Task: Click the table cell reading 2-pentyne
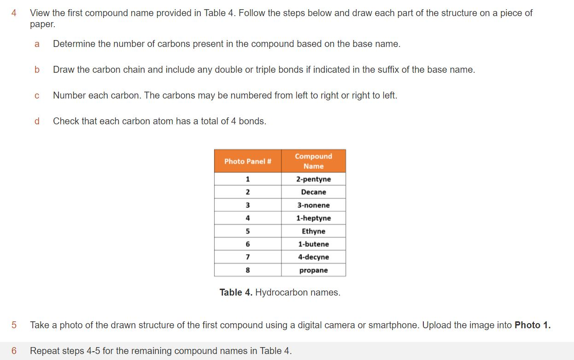pos(313,179)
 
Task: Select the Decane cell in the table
pos(313,192)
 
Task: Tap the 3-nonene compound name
pos(313,205)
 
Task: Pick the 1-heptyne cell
pos(313,218)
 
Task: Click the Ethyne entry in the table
pos(313,231)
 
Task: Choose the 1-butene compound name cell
pos(313,244)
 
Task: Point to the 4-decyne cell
pos(313,257)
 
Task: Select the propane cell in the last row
pos(313,270)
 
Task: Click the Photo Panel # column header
pos(247,161)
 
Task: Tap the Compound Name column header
pos(313,161)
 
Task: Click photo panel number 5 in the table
pos(247,231)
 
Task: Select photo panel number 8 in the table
pos(247,270)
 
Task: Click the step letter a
pos(37,44)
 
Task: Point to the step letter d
pos(37,121)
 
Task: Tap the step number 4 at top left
pos(14,13)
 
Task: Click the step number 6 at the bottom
pos(14,351)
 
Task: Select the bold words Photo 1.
pos(532,325)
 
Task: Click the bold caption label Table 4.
pos(236,292)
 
